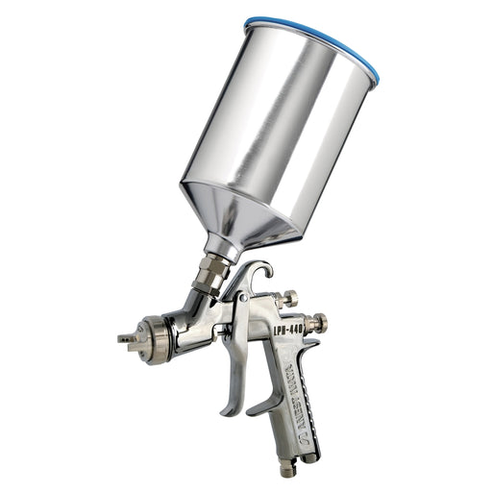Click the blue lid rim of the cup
[317, 29]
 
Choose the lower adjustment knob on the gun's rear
[316, 323]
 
